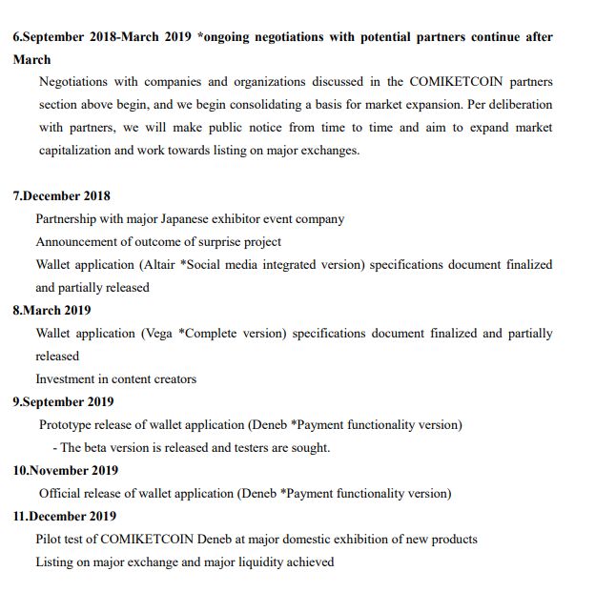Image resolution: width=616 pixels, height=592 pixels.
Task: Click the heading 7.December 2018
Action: pos(61,196)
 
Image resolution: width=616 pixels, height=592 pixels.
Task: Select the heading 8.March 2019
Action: pos(53,311)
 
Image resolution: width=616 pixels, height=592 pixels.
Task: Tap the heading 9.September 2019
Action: pos(63,402)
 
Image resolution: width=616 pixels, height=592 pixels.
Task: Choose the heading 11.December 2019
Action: pos(65,517)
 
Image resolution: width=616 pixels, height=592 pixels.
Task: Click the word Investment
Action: pos(68,379)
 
